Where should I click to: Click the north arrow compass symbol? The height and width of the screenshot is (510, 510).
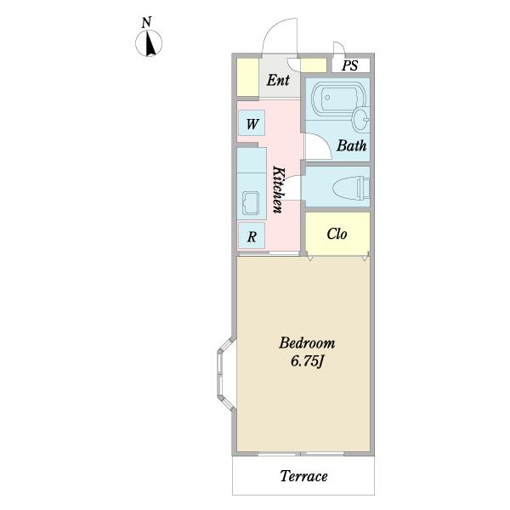click(x=149, y=43)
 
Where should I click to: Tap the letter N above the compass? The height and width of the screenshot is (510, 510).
click(x=147, y=22)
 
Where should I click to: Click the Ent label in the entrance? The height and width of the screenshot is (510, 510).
click(x=278, y=80)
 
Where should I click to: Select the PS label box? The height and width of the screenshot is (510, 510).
click(x=351, y=65)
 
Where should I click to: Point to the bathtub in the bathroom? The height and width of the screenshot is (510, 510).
click(x=338, y=98)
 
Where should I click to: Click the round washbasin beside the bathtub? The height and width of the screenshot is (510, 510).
click(x=360, y=120)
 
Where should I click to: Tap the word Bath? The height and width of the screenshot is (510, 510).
click(x=352, y=145)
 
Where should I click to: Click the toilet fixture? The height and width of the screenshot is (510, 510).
click(x=351, y=188)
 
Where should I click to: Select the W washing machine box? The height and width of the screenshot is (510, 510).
click(x=252, y=123)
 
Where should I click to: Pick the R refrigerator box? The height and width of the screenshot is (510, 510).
click(x=252, y=235)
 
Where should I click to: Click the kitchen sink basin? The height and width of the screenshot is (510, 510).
click(x=248, y=203)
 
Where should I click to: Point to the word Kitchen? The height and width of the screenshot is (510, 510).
click(x=279, y=190)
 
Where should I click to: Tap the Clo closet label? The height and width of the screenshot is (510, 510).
click(x=337, y=234)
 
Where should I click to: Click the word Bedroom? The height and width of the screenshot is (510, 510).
click(x=307, y=343)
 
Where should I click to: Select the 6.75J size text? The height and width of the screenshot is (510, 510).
click(x=308, y=361)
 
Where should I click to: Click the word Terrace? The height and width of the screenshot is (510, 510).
click(x=303, y=476)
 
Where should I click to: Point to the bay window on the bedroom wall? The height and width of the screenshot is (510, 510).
click(x=226, y=374)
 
